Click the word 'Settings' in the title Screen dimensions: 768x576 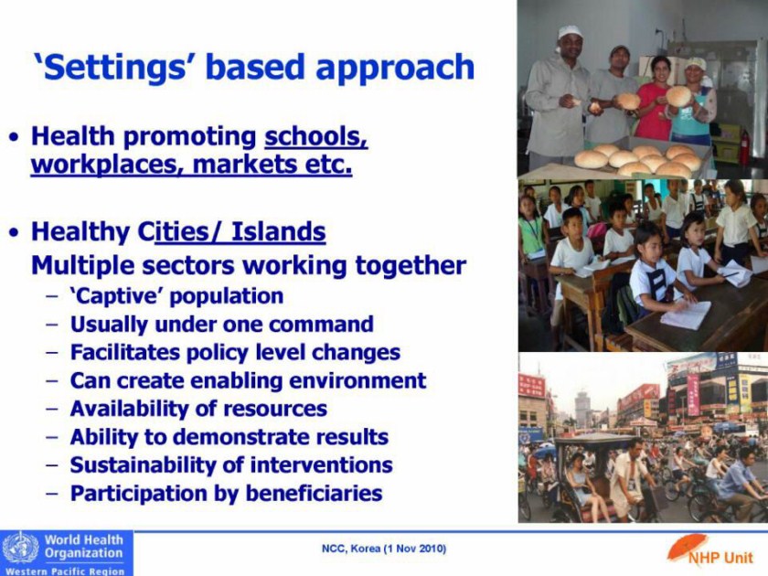[112, 68]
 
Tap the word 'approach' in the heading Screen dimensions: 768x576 [395, 69]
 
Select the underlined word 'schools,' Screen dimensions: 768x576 [316, 136]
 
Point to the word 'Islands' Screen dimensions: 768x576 [278, 231]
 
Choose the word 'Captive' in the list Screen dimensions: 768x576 [121, 296]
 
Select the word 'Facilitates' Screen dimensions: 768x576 [125, 352]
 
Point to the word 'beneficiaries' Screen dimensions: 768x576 [314, 493]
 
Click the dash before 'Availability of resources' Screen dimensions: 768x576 [52, 409]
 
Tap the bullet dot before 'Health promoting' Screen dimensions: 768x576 [16, 136]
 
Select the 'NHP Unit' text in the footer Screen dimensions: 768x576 [720, 558]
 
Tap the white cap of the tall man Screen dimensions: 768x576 [570, 32]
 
